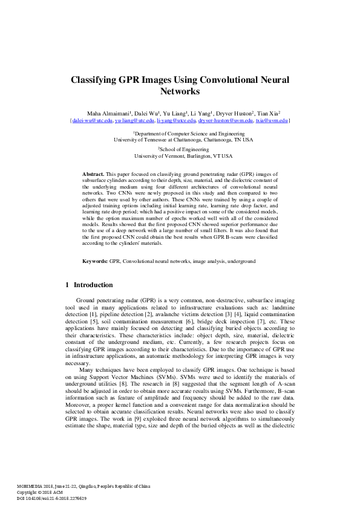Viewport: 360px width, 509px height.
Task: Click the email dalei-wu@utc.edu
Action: coord(93,121)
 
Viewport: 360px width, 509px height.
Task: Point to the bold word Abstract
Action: coord(93,173)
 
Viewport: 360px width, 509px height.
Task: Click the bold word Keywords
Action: coord(95,261)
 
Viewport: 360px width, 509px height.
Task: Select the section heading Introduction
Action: coord(93,285)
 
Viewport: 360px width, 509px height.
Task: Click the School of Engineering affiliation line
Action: coord(180,149)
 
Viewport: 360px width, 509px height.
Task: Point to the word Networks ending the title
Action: coord(180,92)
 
